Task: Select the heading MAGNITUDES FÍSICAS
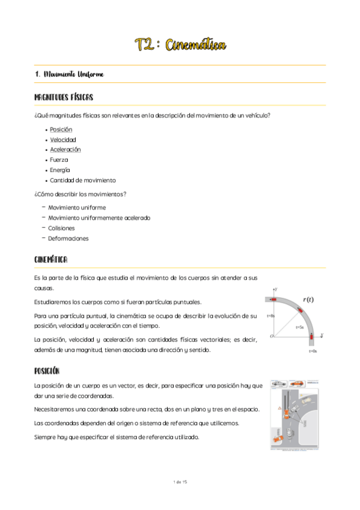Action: (x=63, y=97)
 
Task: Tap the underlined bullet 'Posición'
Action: (x=61, y=129)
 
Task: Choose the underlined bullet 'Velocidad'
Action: (x=63, y=140)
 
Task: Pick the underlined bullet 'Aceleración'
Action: (x=66, y=150)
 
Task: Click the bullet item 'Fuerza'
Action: (x=59, y=160)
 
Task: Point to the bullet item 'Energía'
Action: (x=60, y=170)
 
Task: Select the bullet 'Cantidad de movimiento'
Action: (x=83, y=180)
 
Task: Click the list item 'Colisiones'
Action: (x=61, y=228)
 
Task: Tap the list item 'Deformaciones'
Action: (x=68, y=238)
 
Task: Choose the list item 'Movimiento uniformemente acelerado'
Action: (x=99, y=218)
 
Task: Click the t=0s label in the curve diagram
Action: (x=313, y=351)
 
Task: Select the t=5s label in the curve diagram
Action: (x=299, y=328)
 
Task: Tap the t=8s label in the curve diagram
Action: (x=270, y=316)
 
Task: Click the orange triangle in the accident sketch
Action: (x=279, y=408)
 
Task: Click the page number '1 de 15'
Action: (x=180, y=482)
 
